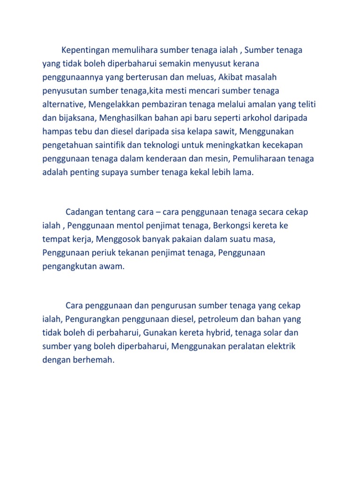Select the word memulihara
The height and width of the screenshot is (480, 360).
click(135, 50)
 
